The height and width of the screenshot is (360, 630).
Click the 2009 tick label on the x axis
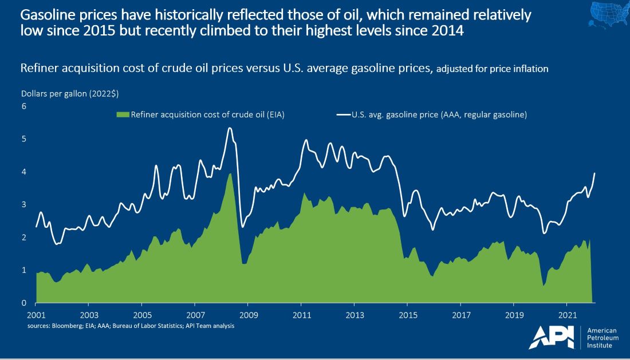(x=248, y=315)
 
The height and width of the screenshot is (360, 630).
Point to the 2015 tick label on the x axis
(x=407, y=315)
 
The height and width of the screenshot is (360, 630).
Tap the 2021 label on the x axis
(x=566, y=315)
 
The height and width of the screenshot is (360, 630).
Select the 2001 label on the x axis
(x=36, y=315)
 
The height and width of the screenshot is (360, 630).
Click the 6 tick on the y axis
(x=24, y=106)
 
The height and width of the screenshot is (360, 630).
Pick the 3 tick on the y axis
(x=24, y=204)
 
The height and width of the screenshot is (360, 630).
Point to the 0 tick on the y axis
(x=24, y=303)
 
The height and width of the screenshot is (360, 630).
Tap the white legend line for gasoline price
(x=344, y=115)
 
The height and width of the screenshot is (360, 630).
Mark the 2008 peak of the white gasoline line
(x=230, y=128)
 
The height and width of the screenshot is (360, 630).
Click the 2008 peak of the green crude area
(x=230, y=174)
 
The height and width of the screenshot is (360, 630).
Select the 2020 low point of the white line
(x=544, y=233)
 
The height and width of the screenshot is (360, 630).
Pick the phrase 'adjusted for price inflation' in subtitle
(x=493, y=69)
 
